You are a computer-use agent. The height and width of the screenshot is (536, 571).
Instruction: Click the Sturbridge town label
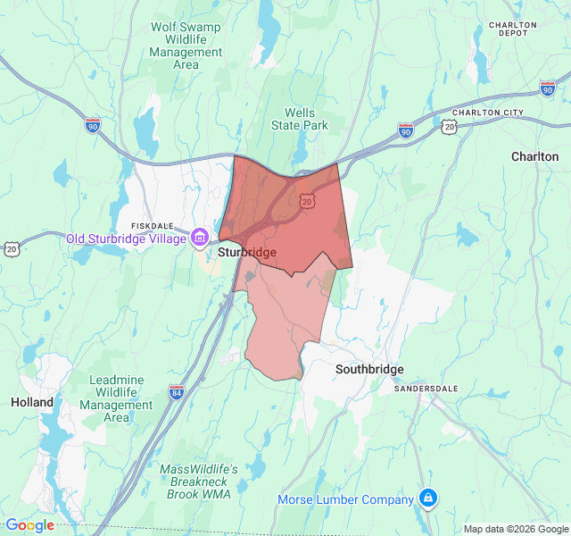point(247,253)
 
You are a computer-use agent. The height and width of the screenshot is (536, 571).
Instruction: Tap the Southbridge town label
point(369,369)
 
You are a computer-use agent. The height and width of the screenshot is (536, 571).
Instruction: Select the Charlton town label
point(534,156)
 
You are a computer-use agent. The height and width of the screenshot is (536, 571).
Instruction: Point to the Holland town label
point(33,402)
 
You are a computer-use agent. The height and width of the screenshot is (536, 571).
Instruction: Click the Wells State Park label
point(300,119)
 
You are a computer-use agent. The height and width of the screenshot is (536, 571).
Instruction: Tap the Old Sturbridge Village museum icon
point(200,238)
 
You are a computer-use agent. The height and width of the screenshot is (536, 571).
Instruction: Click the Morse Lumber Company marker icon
point(428,498)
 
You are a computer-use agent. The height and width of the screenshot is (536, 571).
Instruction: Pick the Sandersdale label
point(425,389)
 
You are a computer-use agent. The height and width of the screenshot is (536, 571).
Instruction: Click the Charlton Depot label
point(513,29)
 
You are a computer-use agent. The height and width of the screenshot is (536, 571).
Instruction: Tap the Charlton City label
point(487,113)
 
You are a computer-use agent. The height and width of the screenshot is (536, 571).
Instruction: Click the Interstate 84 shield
point(177,391)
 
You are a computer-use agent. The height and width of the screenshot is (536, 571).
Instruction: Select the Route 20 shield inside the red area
point(307,201)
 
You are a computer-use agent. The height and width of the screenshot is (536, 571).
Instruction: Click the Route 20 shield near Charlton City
point(450,128)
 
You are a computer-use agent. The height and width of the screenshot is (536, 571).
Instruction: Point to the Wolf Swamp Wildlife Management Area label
point(186,46)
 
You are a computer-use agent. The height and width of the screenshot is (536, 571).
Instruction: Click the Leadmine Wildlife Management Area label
point(116,398)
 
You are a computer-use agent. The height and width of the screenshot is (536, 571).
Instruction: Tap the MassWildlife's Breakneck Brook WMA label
point(198,482)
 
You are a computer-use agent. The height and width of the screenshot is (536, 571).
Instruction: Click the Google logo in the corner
point(29,525)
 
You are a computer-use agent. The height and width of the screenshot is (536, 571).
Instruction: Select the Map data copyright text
point(516,529)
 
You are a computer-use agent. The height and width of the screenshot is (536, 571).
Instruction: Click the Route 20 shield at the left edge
point(10,247)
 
